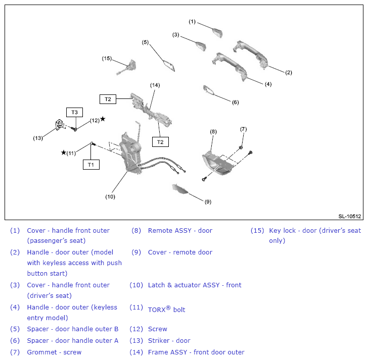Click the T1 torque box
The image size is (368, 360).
91,165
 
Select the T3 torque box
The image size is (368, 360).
74,112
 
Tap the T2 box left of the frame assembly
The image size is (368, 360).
108,99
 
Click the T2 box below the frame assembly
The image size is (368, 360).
160,142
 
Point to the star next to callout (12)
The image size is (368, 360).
103,119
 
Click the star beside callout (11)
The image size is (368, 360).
63,152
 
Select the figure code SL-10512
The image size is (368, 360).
349,216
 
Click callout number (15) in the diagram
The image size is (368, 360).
107,59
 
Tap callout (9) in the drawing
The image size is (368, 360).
208,202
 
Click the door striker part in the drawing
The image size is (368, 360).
60,125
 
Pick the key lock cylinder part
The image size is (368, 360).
128,67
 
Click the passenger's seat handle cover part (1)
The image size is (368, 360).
217,32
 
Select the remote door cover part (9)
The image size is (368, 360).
179,189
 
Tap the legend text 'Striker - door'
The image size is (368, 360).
169,340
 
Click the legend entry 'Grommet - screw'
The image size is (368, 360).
54,352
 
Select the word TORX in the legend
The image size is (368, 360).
157,310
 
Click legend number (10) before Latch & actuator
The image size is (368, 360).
136,285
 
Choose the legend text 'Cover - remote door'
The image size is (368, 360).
180,252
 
